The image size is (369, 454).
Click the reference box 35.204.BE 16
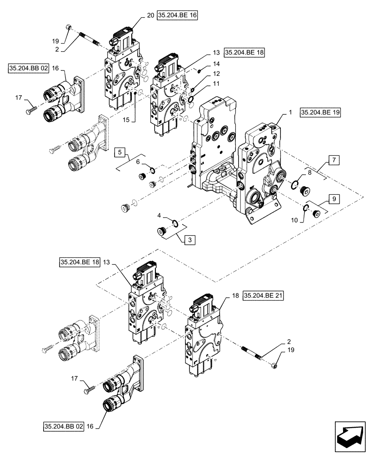(x=178, y=15)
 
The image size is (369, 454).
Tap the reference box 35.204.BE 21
(x=263, y=296)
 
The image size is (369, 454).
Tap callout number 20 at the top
(x=150, y=15)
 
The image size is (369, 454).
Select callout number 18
(x=235, y=296)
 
